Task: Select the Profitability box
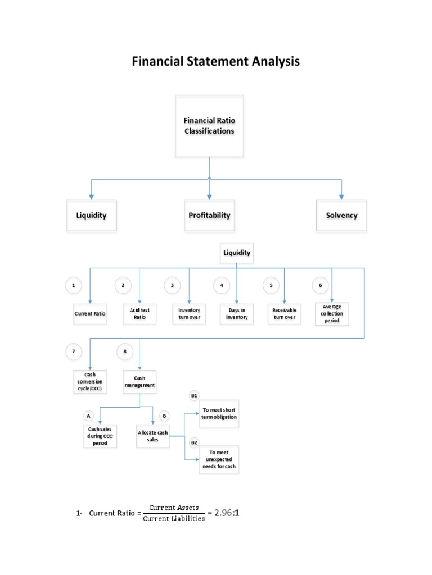click(x=209, y=215)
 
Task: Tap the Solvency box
click(x=341, y=215)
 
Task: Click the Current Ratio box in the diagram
click(x=90, y=313)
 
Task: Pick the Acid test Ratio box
click(x=139, y=313)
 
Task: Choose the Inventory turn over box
click(x=189, y=313)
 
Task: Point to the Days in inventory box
click(x=237, y=313)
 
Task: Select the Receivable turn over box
click(x=284, y=313)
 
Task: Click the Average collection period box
click(x=332, y=313)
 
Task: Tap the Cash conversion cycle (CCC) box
click(x=90, y=382)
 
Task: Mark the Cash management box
click(x=139, y=382)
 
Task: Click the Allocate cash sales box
click(x=153, y=436)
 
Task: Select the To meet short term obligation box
click(x=219, y=413)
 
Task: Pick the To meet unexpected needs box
click(x=219, y=459)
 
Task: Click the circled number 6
click(x=320, y=285)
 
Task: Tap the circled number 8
click(x=124, y=352)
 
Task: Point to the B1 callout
click(x=194, y=396)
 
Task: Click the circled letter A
click(x=88, y=416)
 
